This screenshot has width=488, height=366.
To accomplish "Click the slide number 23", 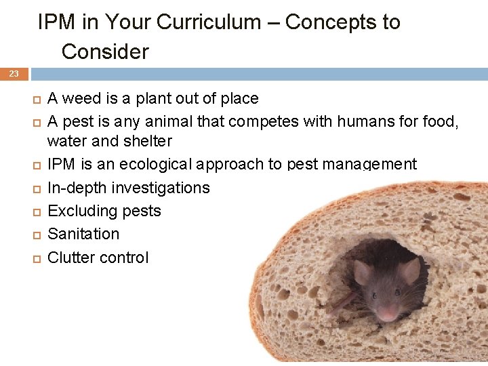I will coord(14,74).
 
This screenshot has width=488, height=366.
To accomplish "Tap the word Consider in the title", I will coord(105,52).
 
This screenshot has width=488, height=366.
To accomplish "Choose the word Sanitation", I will coord(83,234).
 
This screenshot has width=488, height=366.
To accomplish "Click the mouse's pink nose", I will coord(386,313).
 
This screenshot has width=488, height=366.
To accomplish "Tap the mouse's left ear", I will coord(362,271).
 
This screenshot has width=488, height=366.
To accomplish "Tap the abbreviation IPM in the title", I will coord(57,22).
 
